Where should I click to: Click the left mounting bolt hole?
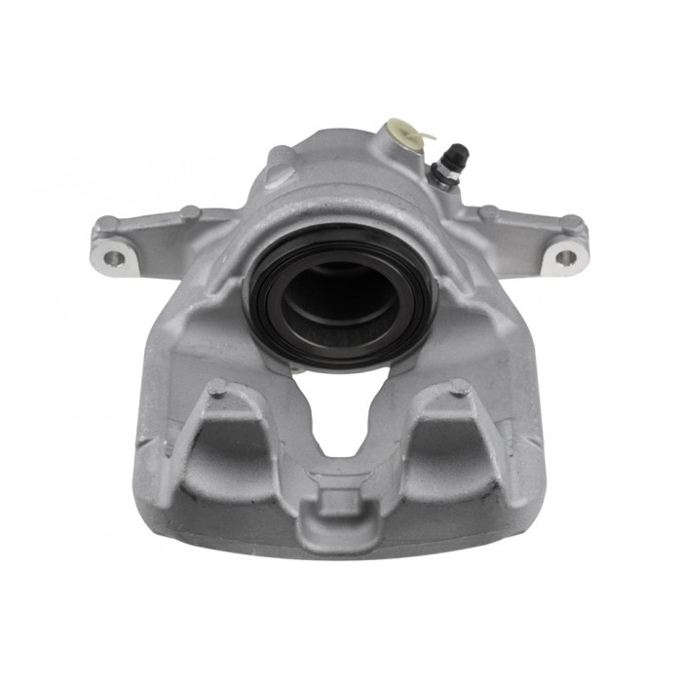[x=114, y=258]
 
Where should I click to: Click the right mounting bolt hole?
[x=565, y=258]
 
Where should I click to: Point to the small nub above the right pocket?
[x=459, y=388]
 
